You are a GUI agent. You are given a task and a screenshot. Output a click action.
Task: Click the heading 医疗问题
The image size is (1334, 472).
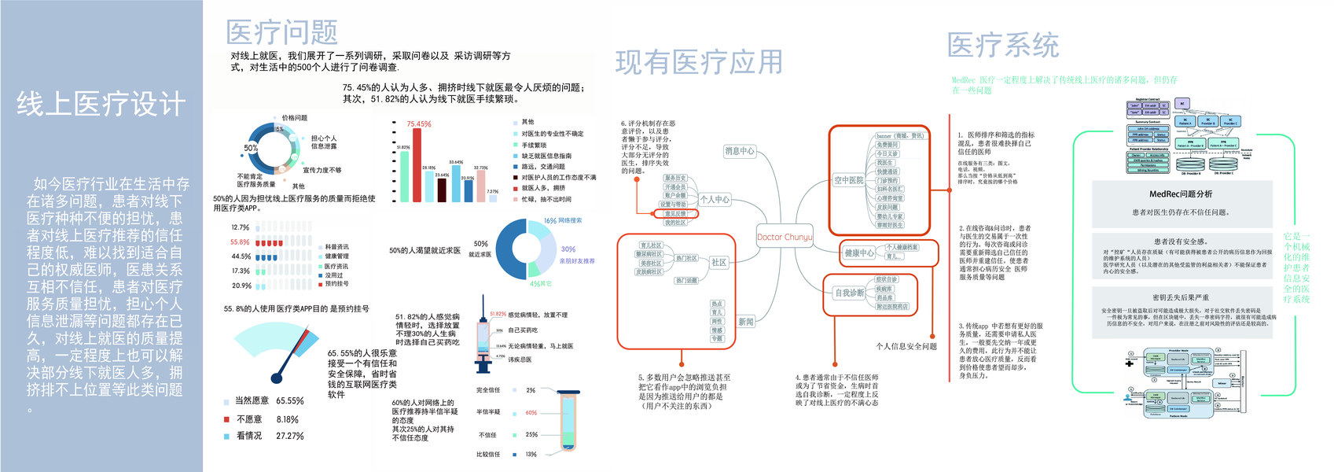coord(281,32)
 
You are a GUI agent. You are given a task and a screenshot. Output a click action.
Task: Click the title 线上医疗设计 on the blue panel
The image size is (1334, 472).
coord(101,104)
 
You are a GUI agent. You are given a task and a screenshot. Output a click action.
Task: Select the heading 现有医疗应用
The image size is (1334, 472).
coord(699,62)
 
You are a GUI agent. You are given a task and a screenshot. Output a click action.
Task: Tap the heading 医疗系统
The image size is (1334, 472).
coord(1002,46)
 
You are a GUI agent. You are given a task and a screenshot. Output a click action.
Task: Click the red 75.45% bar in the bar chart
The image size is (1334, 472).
coord(417,164)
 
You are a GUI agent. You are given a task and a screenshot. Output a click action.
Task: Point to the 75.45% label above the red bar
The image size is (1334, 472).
coord(418,124)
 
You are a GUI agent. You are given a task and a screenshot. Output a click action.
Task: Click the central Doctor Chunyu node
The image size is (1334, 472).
coord(784,237)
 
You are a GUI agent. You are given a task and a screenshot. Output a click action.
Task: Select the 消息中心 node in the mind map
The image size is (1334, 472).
coord(739,151)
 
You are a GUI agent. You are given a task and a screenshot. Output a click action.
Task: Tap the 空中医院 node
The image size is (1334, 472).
coord(848,180)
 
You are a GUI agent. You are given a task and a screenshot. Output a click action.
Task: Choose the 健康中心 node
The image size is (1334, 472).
coord(859,253)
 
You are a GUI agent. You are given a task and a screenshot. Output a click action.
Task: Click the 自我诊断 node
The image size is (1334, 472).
coord(849,293)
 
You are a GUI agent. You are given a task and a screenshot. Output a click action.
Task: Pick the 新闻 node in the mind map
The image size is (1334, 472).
coord(746,322)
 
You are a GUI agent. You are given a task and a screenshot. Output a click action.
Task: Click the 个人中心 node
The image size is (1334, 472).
coord(715,200)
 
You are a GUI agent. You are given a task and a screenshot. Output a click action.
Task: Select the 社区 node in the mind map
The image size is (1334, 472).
coord(718,263)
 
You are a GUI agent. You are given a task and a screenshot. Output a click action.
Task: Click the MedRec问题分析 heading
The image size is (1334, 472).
coord(1180,194)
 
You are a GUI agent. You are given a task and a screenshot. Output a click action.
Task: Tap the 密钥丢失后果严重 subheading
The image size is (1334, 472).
coord(1180,298)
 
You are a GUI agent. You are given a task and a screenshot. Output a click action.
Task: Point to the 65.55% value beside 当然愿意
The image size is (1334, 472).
coord(290,401)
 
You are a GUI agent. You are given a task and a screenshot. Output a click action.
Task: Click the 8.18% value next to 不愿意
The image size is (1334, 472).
coord(287,420)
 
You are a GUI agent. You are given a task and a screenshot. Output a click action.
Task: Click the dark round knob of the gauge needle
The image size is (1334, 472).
coord(276,378)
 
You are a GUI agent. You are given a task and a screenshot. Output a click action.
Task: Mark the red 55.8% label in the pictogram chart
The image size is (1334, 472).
coord(240,242)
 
